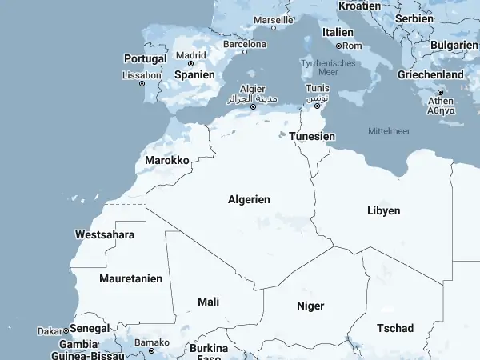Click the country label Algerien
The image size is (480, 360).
[249, 199]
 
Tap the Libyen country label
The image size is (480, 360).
[383, 210]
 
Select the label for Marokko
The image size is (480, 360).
[167, 161]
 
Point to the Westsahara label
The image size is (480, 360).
[104, 234]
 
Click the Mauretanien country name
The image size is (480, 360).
[130, 278]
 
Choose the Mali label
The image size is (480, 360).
[208, 302]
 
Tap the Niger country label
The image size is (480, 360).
[310, 306]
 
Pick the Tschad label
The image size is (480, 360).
[395, 328]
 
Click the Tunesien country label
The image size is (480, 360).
[312, 136]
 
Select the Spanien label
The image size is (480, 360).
[195, 74]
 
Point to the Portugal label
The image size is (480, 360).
[146, 58]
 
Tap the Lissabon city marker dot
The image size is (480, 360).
[142, 84]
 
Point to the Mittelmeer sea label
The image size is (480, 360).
[388, 130]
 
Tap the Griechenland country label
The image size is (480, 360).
[430, 74]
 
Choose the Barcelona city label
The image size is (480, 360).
[244, 44]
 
